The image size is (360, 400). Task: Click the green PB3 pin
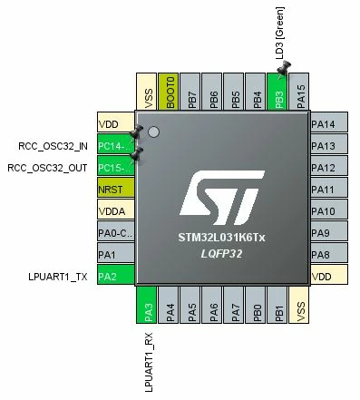pyautogui.click(x=277, y=92)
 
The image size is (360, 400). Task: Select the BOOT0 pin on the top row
pyautogui.click(x=168, y=92)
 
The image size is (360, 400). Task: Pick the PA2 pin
pyautogui.click(x=116, y=275)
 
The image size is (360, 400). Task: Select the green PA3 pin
pyautogui.click(x=147, y=305)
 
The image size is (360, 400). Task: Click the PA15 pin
pyautogui.click(x=299, y=92)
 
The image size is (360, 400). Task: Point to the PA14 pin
pyautogui.click(x=329, y=122)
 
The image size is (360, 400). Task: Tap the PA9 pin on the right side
pyautogui.click(x=329, y=231)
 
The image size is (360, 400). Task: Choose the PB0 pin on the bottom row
pyautogui.click(x=256, y=305)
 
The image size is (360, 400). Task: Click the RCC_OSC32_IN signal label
pyautogui.click(x=53, y=146)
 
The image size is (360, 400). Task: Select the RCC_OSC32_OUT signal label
pyautogui.click(x=47, y=168)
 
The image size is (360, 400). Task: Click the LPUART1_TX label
pyautogui.click(x=58, y=277)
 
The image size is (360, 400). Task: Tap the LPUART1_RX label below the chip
pyautogui.click(x=149, y=362)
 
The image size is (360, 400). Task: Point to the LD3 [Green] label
pyautogui.click(x=280, y=34)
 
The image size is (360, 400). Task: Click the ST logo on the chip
pyautogui.click(x=222, y=198)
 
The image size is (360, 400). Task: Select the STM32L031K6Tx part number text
pyautogui.click(x=221, y=238)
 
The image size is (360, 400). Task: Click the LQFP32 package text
pyautogui.click(x=221, y=254)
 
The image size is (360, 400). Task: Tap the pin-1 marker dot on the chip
pyautogui.click(x=153, y=132)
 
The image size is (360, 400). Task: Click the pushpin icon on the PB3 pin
pyautogui.click(x=284, y=68)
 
